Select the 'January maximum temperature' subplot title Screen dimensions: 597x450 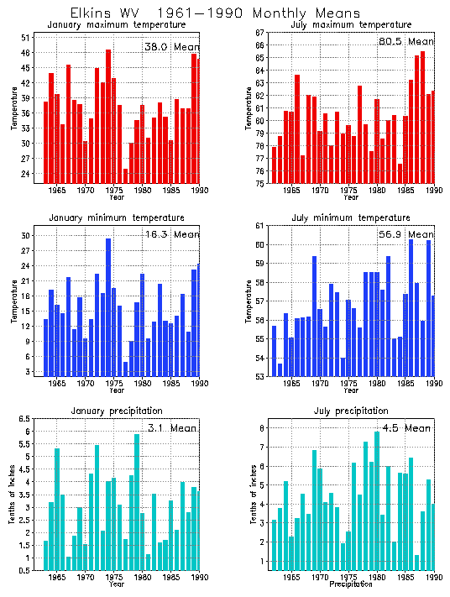tap(117, 25)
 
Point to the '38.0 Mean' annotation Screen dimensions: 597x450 tap(170, 47)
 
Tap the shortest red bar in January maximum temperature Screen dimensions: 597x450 tap(125, 175)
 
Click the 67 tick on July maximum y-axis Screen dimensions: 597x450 tap(260, 32)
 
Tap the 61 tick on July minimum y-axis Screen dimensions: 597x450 tap(260, 226)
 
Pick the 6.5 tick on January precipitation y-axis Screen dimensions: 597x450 tap(24, 418)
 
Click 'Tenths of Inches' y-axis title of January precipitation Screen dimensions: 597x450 tap(12, 495)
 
